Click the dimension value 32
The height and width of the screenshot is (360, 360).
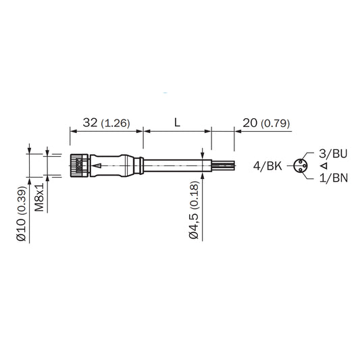point(91,123)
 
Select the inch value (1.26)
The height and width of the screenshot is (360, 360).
point(115,124)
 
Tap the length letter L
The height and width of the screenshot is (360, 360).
point(176,123)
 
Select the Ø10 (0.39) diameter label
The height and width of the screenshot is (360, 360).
point(22,215)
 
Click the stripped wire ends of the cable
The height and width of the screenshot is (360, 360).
point(223,165)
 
